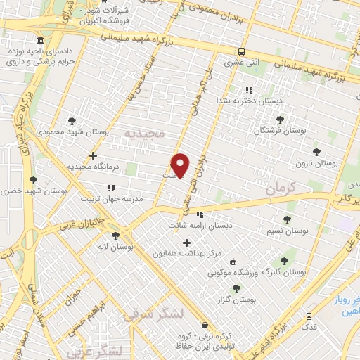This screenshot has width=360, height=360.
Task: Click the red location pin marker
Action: click(x=181, y=165)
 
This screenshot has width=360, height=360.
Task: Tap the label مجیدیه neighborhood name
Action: click(x=144, y=133)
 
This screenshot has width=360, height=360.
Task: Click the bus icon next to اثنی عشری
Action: click(x=241, y=51)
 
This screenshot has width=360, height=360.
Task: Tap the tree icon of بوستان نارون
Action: click(x=315, y=150)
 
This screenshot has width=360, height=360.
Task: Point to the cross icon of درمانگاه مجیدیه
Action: click(x=93, y=155)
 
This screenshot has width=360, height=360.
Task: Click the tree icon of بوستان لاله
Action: click(x=115, y=236)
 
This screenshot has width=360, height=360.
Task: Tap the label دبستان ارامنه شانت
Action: click(x=200, y=226)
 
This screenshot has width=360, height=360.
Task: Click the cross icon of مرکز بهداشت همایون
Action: click(x=186, y=243)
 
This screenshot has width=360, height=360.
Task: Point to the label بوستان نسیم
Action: click(x=288, y=230)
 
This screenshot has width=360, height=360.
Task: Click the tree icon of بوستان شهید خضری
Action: click(x=33, y=180)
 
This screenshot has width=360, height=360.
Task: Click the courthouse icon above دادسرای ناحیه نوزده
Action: click(x=41, y=40)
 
